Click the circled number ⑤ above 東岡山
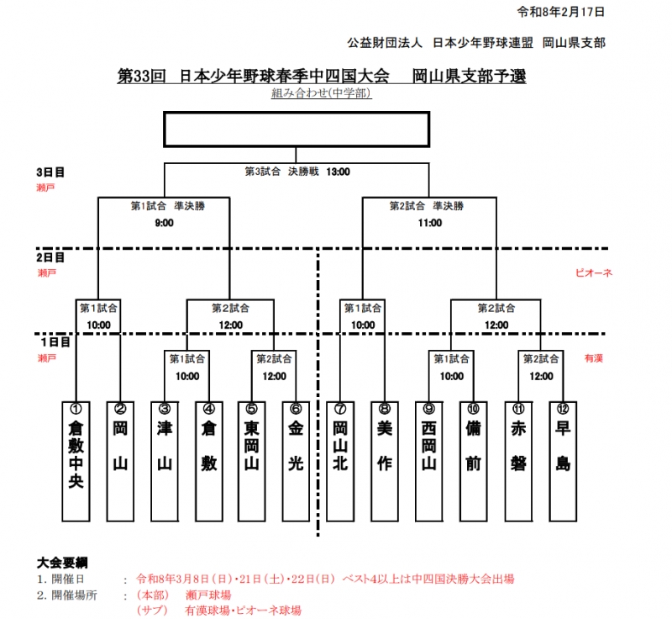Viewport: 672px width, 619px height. coord(250,408)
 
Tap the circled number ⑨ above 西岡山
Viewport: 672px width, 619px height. coord(428,408)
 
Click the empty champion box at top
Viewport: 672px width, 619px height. coord(296,130)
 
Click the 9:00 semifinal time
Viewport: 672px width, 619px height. coord(164,223)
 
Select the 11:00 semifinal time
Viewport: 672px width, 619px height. coord(429,223)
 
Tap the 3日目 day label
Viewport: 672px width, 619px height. coord(51,172)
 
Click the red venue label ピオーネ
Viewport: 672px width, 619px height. coord(593,272)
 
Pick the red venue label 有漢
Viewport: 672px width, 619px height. coord(594,358)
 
